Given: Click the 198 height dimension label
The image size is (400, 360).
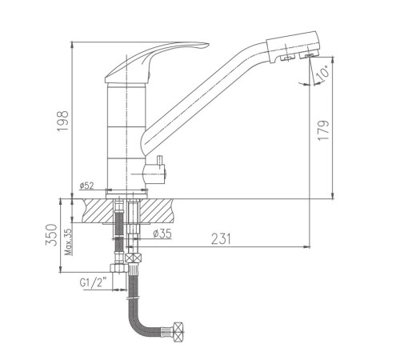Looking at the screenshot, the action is [x=63, y=121].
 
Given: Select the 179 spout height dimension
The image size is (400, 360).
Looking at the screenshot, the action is [x=324, y=130].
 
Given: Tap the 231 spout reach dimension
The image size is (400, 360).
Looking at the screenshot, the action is [x=221, y=238].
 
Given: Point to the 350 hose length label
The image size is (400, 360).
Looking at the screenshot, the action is [x=51, y=234].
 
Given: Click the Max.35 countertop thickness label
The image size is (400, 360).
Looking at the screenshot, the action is [x=69, y=242].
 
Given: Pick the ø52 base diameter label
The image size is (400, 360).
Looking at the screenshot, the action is [x=86, y=186].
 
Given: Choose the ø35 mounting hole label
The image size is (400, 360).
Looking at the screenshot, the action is [x=162, y=234].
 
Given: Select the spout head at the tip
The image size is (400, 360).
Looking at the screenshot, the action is [x=293, y=47].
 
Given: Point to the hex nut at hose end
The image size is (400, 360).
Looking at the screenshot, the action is [x=178, y=332].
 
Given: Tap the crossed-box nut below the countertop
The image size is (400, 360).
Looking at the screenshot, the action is [x=133, y=258].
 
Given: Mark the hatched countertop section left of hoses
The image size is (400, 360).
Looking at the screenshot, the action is [x=98, y=210].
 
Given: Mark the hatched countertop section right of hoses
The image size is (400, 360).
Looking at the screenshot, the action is [x=157, y=210].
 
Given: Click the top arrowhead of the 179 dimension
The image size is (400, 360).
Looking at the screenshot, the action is [x=333, y=60].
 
